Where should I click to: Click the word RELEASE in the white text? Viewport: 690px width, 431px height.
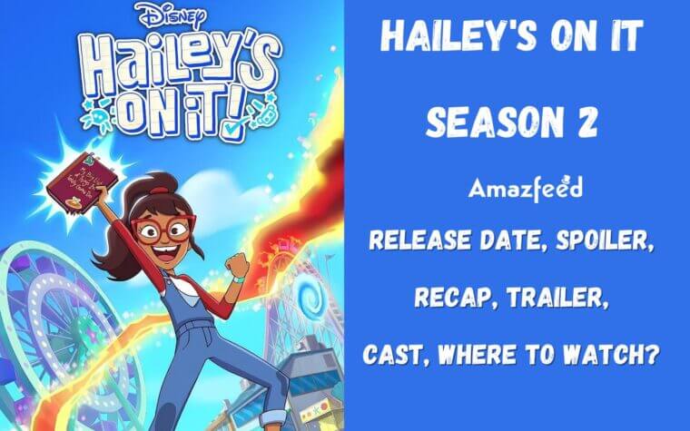tap(411, 240)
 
